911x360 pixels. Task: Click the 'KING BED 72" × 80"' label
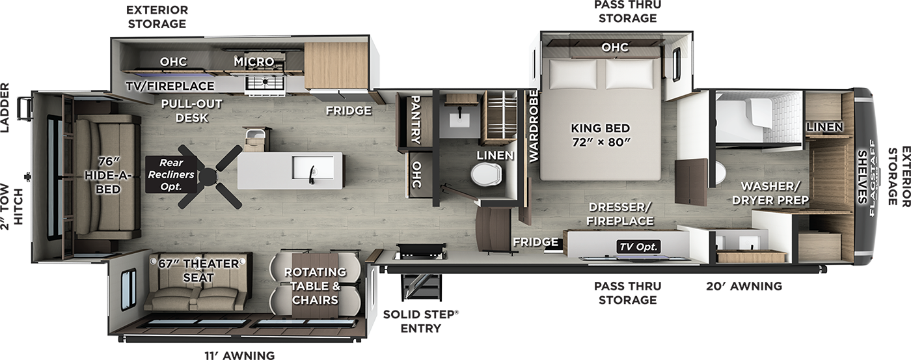point(600,135)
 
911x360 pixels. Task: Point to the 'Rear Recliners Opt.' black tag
point(170,174)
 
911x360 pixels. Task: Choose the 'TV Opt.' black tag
point(638,247)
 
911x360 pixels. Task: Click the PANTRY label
point(416,120)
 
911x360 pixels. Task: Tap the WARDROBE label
point(533,126)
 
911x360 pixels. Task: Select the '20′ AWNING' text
point(744,286)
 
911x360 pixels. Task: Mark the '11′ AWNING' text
point(239,355)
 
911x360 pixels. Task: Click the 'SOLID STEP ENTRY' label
point(421,321)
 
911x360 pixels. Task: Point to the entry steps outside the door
point(421,287)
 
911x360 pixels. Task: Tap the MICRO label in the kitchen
point(254,61)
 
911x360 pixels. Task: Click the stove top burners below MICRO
point(265,83)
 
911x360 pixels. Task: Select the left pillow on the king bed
point(574,74)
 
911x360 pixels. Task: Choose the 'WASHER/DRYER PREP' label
point(770,193)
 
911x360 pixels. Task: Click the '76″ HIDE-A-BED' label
point(108,175)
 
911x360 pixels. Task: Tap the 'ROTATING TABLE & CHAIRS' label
point(315,286)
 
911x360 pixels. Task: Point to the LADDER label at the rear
point(5,107)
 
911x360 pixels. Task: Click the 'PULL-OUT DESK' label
point(191,111)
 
